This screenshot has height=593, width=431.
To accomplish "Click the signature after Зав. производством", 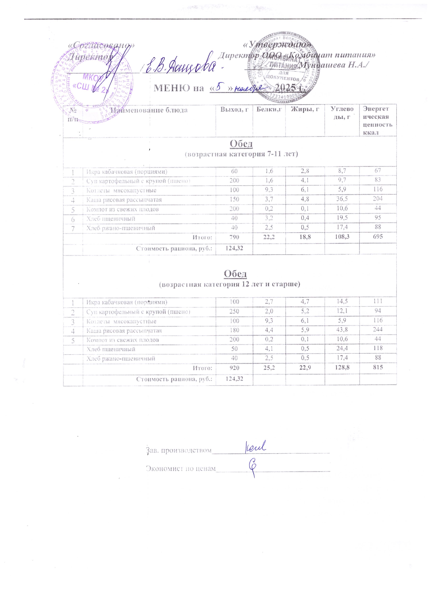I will click(x=255, y=446).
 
